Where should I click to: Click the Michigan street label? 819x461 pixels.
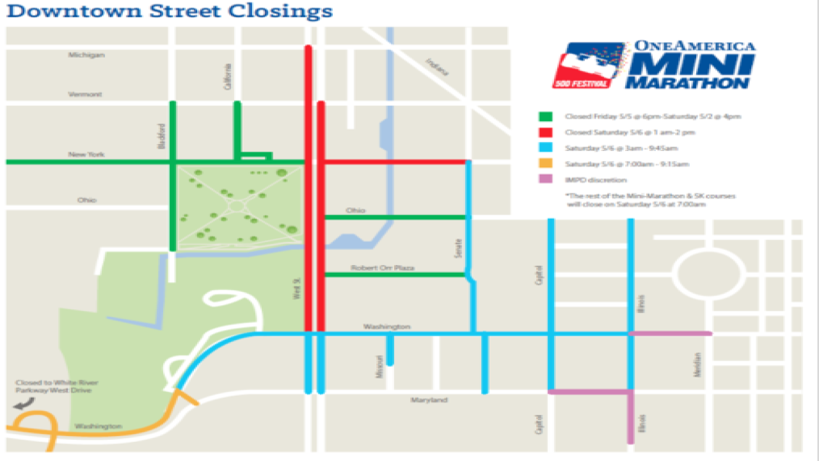tap(86, 55)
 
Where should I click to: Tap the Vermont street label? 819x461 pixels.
tap(86, 94)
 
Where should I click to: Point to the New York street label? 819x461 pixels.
tap(86, 155)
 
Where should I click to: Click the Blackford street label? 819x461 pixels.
tap(162, 136)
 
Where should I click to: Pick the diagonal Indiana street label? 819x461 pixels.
tap(438, 67)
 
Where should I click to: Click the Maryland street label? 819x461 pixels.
tap(429, 400)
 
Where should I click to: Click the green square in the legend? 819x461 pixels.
tap(546, 117)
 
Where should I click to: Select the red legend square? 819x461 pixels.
tap(546, 133)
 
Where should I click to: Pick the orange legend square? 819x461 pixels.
tap(546, 164)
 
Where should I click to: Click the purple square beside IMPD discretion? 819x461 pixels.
tap(546, 180)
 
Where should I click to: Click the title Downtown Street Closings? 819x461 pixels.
tap(170, 11)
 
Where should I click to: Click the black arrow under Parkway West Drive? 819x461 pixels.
tap(24, 403)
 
